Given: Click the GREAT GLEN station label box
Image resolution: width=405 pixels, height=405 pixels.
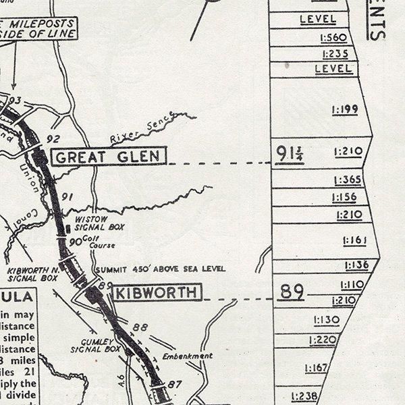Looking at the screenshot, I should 107,157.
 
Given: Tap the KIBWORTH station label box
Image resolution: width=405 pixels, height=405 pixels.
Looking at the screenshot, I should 156,293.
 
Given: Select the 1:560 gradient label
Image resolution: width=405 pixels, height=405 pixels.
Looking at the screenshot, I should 335,38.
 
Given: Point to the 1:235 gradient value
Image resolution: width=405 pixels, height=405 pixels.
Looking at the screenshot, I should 335,54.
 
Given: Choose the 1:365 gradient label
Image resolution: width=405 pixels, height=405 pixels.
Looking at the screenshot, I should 348,180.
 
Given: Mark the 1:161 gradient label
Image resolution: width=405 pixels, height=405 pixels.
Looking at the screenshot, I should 354,240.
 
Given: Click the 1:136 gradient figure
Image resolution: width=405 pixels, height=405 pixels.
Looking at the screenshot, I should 356,265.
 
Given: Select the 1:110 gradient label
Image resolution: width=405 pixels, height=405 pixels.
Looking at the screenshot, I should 352,285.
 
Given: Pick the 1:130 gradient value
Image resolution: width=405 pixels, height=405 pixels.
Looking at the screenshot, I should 326,319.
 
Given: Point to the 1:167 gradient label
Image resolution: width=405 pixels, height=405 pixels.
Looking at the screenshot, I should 316,368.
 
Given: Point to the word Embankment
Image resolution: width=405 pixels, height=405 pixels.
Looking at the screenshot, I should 187,356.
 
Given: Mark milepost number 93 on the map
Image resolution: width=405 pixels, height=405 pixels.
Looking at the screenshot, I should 16,101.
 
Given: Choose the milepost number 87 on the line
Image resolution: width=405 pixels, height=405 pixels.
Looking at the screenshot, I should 175,384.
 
